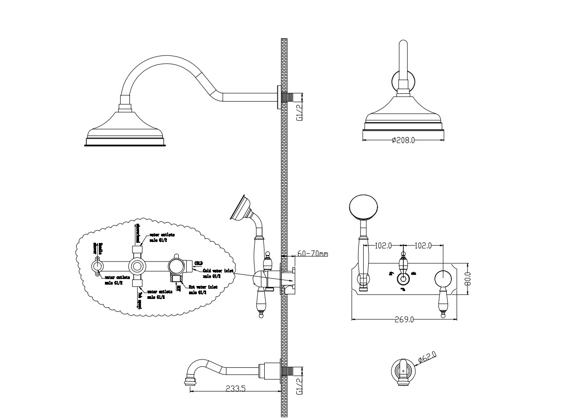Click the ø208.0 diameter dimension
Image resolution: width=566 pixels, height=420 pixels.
[x=403, y=140]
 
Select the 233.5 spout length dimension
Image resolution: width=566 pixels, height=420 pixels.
[x=235, y=389]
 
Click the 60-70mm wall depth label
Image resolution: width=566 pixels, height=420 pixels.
[x=312, y=254]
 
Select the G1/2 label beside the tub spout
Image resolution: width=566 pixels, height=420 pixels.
[x=299, y=386]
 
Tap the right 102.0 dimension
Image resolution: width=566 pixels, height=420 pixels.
[x=423, y=246]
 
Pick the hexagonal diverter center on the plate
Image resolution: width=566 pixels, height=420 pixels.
[x=404, y=279]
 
